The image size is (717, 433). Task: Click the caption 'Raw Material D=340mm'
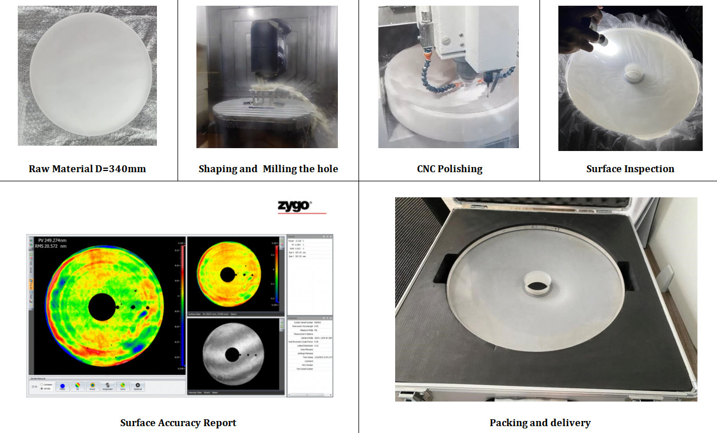[87, 169]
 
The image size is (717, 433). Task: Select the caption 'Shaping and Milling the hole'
[268, 169]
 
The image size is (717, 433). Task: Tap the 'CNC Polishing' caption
[450, 169]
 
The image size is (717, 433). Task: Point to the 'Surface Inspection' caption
[630, 169]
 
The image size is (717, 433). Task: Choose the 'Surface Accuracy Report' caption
[178, 423]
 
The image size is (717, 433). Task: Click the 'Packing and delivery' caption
[539, 423]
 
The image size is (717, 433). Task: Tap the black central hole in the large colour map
[101, 307]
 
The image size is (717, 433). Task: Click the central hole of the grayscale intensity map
[232, 355]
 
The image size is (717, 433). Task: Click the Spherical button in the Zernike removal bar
[137, 386]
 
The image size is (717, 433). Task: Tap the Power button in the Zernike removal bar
[92, 386]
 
